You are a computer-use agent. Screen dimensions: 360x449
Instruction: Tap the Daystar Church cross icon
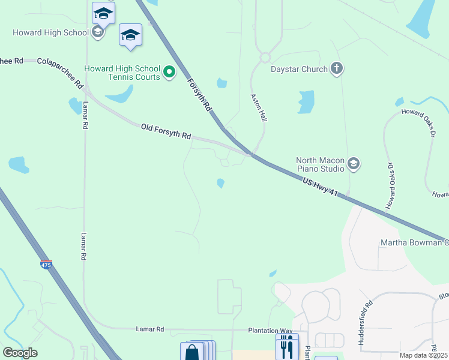click(336, 68)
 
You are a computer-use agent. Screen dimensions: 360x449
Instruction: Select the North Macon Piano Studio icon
click(354, 163)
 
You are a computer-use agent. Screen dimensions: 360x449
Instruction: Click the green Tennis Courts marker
click(169, 73)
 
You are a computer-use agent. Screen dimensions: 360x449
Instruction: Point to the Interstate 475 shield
click(46, 264)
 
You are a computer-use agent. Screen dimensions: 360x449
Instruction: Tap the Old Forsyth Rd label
click(166, 131)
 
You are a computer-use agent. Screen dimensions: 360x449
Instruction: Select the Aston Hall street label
click(259, 107)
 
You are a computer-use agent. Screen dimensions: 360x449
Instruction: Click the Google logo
click(20, 353)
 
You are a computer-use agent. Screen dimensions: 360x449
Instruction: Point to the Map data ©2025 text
click(423, 355)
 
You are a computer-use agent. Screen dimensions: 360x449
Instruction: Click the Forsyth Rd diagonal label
click(199, 95)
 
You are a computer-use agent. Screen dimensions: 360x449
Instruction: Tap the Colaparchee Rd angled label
click(60, 73)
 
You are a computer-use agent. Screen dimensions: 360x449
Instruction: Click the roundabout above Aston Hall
click(265, 58)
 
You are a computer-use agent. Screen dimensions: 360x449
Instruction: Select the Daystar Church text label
click(298, 69)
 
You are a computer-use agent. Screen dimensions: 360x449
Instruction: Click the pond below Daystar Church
click(306, 102)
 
